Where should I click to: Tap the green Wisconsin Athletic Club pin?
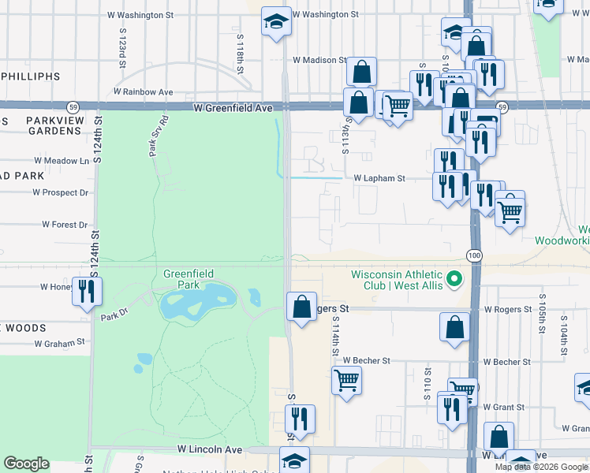point(454,279)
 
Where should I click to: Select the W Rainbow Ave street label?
point(143,91)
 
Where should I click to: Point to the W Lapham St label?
point(379,179)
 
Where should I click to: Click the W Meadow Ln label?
point(62,161)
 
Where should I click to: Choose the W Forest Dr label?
point(65,225)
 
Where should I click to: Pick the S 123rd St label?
point(123,49)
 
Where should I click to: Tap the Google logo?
point(26,464)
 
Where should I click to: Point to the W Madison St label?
point(319,60)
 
